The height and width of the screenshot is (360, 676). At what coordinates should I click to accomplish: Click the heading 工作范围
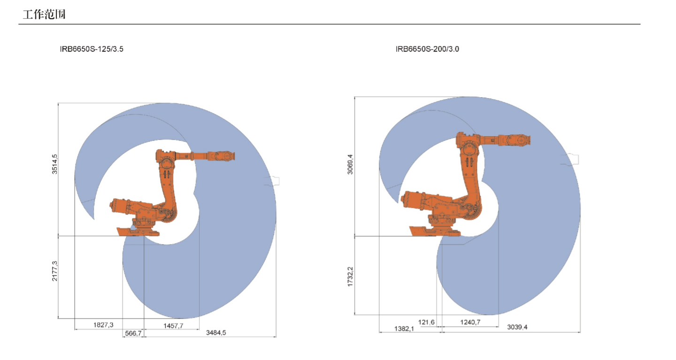click(44, 14)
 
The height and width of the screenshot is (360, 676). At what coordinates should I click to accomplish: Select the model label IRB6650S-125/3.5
click(92, 49)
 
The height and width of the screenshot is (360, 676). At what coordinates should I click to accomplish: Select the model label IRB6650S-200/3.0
click(427, 49)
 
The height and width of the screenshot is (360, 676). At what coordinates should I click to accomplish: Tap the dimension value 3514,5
click(54, 164)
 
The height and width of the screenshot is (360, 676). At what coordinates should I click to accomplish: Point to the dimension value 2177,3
click(54, 271)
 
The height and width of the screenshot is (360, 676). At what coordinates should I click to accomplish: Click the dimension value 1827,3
click(103, 325)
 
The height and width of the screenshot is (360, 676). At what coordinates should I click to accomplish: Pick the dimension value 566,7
click(133, 333)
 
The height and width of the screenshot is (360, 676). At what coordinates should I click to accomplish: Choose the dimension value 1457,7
click(173, 326)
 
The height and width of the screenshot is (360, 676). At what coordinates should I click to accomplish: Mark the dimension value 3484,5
click(216, 332)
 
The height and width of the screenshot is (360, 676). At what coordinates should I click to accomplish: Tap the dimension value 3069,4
click(350, 164)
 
